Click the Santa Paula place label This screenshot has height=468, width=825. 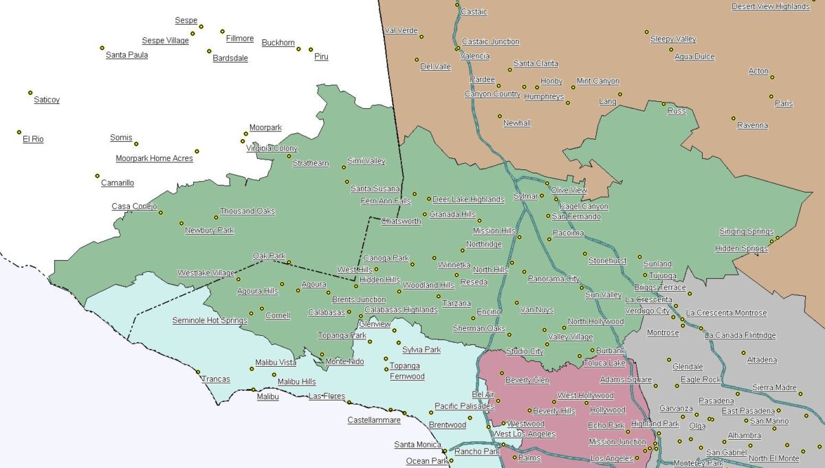[126, 55]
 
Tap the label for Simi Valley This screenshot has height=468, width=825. [366, 161]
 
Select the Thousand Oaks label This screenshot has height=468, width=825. [247, 211]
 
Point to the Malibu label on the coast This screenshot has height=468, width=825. [267, 397]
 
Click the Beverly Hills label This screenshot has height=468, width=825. [554, 411]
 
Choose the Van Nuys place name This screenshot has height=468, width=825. [536, 310]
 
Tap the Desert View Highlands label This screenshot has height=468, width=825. [771, 6]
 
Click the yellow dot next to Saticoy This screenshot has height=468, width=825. [30, 92]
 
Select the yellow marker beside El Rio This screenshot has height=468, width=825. [19, 131]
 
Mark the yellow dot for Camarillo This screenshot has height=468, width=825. [98, 175]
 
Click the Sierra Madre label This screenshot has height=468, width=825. [774, 387]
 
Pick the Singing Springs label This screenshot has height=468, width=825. [746, 231]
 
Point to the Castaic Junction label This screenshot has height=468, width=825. [490, 42]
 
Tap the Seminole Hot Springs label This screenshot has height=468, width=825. [209, 321]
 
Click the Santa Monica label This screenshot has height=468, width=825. [417, 445]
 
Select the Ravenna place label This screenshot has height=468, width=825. [752, 125]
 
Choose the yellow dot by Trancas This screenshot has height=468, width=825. [199, 372]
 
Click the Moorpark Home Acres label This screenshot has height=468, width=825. [154, 158]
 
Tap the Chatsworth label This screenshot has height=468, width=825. [401, 222]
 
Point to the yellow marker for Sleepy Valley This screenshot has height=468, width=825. [646, 32]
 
